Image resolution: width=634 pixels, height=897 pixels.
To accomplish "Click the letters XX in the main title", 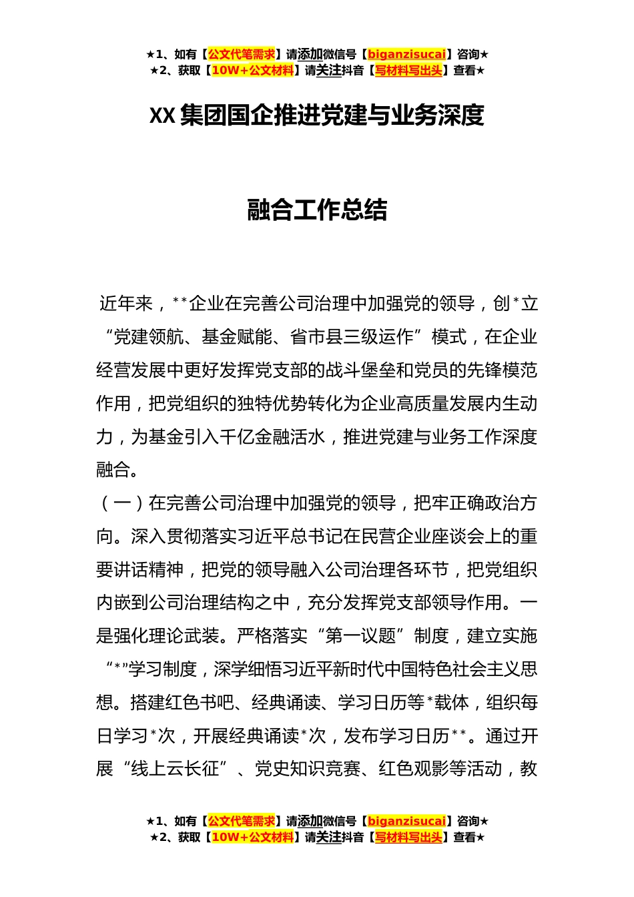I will pos(162,115).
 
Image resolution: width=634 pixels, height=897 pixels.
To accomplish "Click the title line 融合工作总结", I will pos(317,210).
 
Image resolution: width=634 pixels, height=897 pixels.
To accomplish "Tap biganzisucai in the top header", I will pos(406,54).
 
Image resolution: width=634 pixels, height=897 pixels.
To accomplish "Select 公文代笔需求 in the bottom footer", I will pos(241,821).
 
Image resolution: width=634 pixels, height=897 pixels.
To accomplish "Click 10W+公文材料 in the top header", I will pos(252,70).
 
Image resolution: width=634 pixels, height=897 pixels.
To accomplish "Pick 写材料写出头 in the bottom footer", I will pos(408,837).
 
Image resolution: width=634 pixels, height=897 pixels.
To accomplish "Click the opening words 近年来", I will pos(126,304).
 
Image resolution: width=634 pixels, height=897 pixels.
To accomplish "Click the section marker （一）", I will pos(122,503).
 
